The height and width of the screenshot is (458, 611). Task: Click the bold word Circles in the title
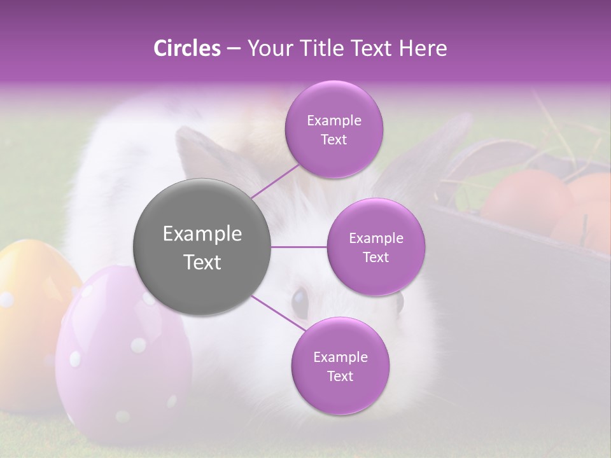pyautogui.click(x=186, y=48)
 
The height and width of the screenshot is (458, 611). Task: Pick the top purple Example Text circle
pyautogui.click(x=334, y=129)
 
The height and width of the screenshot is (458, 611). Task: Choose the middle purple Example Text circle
pyautogui.click(x=376, y=247)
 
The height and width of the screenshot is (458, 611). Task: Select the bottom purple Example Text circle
pyautogui.click(x=340, y=366)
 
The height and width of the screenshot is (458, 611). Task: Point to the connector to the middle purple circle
pyautogui.click(x=299, y=247)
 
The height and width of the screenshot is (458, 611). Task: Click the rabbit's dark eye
pyautogui.click(x=299, y=298)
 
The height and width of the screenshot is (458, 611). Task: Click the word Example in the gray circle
pyautogui.click(x=202, y=234)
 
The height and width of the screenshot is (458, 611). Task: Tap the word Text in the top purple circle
pyautogui.click(x=334, y=140)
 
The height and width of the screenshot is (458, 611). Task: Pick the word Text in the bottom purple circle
pyautogui.click(x=340, y=377)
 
